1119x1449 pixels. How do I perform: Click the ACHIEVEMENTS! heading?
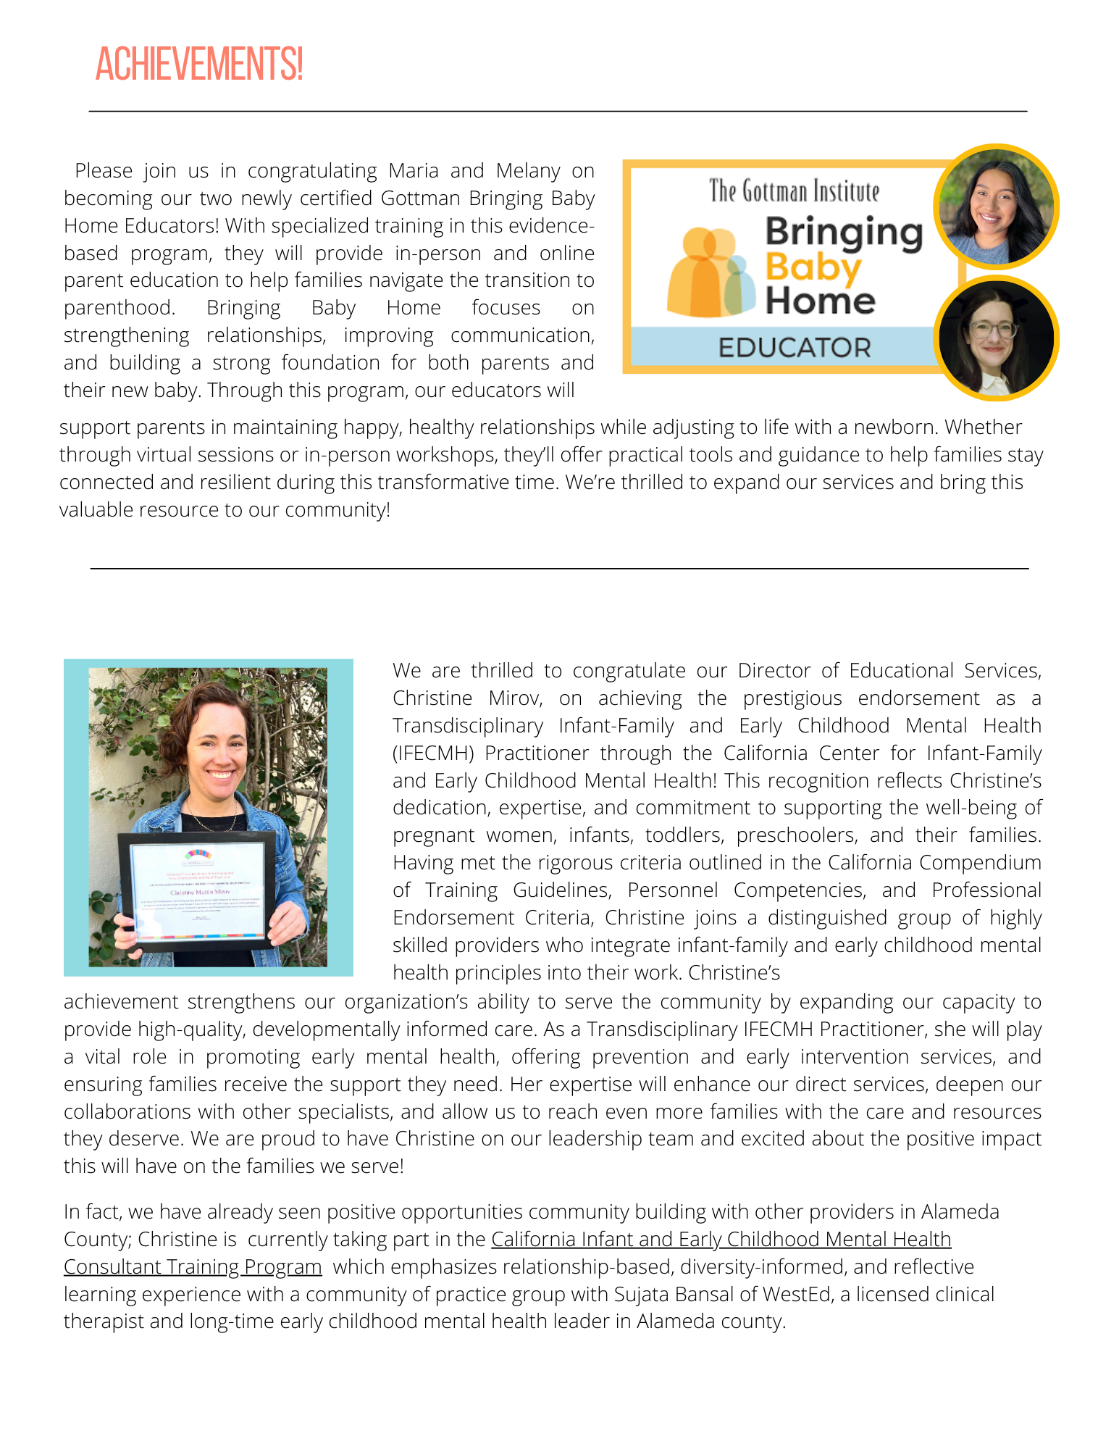(x=199, y=64)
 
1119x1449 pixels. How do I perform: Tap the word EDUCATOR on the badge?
(x=795, y=348)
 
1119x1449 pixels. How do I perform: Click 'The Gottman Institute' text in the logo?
(x=794, y=191)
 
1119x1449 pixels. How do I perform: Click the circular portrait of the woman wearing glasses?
(x=996, y=338)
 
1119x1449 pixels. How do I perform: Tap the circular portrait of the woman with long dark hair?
(x=996, y=206)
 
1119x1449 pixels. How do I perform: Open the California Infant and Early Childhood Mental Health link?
(x=721, y=1240)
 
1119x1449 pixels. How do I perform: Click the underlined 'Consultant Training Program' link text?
(x=193, y=1267)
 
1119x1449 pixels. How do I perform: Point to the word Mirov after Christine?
(x=515, y=698)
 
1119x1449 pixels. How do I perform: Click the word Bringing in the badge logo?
(x=844, y=233)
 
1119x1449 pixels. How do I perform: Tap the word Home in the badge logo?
(x=820, y=301)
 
